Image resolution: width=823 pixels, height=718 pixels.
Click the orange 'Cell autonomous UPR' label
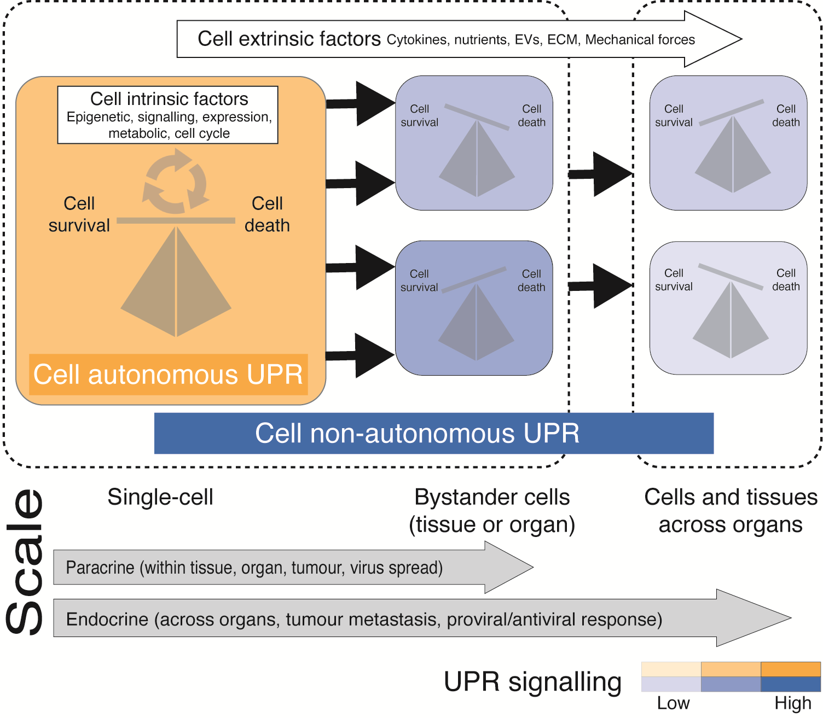pos(168,375)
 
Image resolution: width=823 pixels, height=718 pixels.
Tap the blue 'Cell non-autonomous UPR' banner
pos(417,433)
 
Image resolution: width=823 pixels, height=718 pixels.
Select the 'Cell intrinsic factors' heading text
pos(169,99)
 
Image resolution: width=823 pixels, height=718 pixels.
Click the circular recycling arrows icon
pos(176,182)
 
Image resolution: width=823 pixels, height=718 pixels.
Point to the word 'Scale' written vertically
pos(25,562)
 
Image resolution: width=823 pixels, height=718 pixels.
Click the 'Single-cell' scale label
pos(160,497)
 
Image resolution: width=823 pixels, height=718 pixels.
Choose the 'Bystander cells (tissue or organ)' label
pos(492,511)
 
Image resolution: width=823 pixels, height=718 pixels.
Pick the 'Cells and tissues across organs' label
pos(731,511)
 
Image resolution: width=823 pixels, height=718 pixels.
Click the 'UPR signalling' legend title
pos(532,682)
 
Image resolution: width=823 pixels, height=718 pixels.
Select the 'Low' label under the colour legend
pos(673,703)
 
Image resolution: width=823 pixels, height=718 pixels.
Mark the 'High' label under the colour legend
pos(793,703)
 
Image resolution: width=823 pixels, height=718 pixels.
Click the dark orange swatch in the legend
pos(791,669)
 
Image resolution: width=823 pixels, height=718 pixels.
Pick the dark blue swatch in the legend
pos(791,684)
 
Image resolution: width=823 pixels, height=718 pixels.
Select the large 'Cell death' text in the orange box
pos(267,214)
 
